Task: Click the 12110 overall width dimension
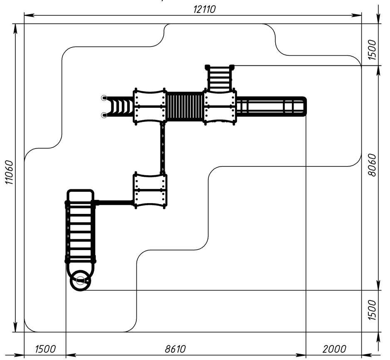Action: (205, 9)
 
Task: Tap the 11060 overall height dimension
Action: (9, 172)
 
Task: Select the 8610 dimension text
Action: (175, 349)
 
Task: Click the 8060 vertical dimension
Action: (373, 165)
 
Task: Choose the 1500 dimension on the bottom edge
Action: (45, 349)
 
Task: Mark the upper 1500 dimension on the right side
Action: (373, 50)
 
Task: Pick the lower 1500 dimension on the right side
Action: (373, 310)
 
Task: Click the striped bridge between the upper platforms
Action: (185, 106)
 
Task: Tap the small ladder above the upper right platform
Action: (220, 78)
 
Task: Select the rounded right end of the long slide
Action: (304, 106)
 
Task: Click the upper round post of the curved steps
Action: (104, 98)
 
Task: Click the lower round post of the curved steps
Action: (104, 115)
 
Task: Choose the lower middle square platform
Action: (150, 190)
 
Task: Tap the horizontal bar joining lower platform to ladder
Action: (114, 202)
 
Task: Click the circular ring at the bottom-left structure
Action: (80, 281)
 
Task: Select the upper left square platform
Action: (150, 106)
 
